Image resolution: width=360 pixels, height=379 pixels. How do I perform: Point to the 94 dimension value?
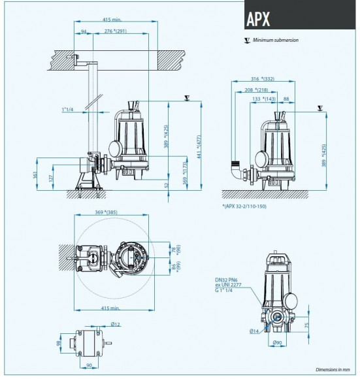tap(84, 32)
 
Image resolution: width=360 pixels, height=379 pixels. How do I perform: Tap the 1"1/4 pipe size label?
tap(68, 108)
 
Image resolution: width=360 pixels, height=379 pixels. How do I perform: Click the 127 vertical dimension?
tap(51, 178)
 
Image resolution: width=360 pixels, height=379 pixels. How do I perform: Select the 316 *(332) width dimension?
tap(261, 79)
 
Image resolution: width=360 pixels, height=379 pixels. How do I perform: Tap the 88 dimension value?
tap(288, 99)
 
